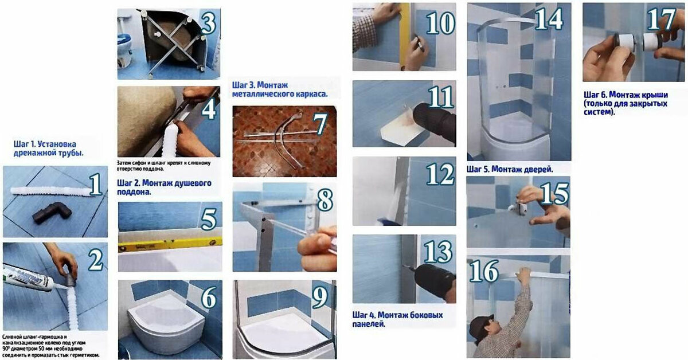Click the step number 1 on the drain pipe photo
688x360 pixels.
95,186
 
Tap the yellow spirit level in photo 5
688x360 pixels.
170,244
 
